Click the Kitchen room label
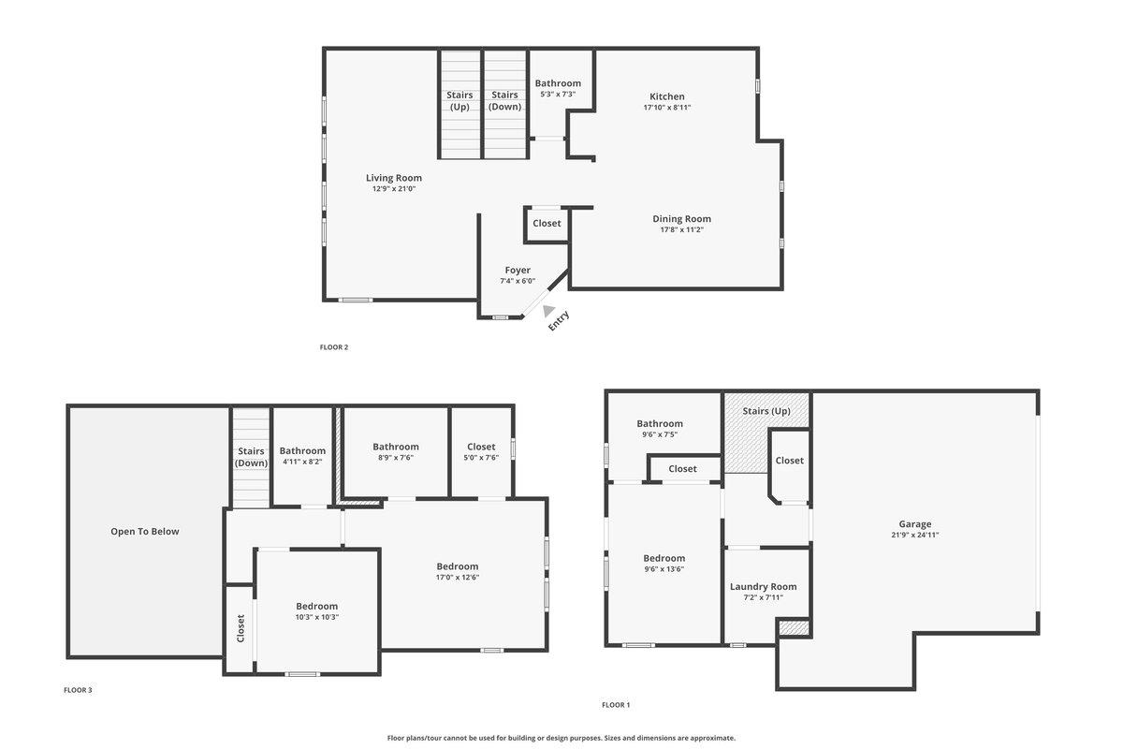[667, 96]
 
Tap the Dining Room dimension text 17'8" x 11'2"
[681, 229]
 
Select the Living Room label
[393, 178]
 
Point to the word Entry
[559, 321]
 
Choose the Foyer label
[518, 270]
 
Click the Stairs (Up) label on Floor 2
[459, 100]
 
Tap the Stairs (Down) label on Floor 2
[504, 100]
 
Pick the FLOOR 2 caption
[334, 347]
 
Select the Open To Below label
[145, 532]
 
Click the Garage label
[915, 524]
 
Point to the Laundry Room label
[764, 587]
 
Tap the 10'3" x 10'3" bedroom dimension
[316, 617]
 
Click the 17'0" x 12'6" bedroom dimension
[457, 578]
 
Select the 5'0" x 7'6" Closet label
[481, 447]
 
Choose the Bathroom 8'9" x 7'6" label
[396, 447]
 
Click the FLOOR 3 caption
[78, 690]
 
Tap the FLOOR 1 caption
[616, 705]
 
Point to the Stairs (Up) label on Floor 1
[766, 411]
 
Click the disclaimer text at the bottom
[561, 738]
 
